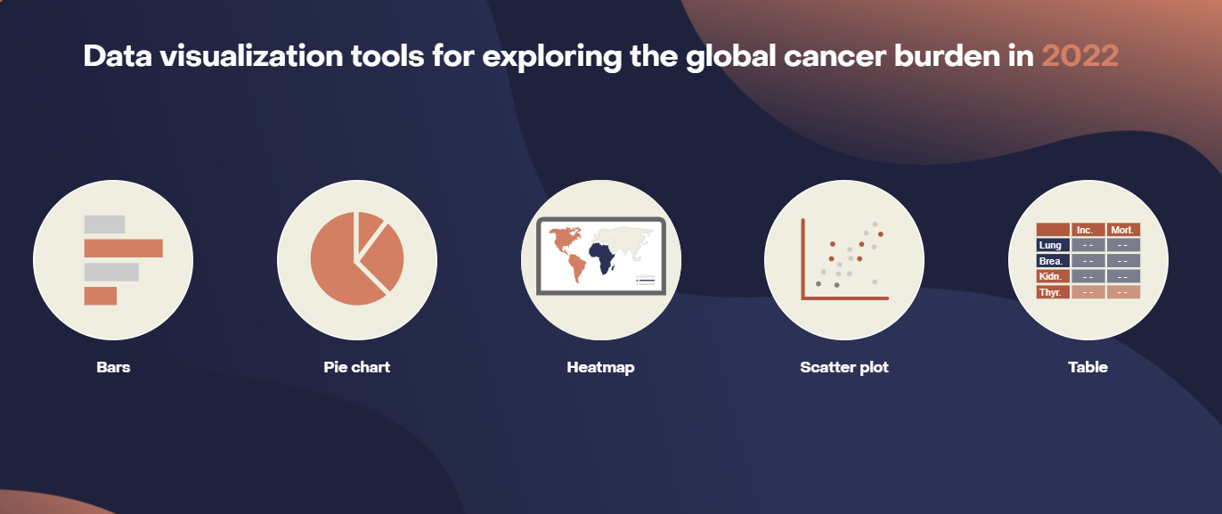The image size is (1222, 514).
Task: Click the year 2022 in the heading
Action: [x=1079, y=55]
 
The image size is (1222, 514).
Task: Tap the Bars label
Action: [x=113, y=367]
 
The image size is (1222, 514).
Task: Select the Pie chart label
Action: [x=356, y=367]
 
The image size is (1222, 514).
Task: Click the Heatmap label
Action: [x=600, y=367]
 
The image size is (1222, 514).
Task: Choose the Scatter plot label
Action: [x=843, y=367]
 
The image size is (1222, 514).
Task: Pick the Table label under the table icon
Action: [x=1088, y=367]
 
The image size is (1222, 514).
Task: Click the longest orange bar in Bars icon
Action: [x=123, y=249]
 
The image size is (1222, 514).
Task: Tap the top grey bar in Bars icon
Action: [x=104, y=224]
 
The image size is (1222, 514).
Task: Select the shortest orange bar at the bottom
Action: [x=100, y=296]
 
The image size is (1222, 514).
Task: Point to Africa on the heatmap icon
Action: [x=604, y=257]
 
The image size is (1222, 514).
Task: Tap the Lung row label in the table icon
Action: [x=1052, y=245]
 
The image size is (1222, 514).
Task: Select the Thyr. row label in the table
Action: [x=1052, y=292]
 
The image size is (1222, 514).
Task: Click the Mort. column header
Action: [x=1122, y=230]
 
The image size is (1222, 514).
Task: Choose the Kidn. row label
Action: [x=1052, y=276]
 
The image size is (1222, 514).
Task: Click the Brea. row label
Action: [x=1052, y=261]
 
